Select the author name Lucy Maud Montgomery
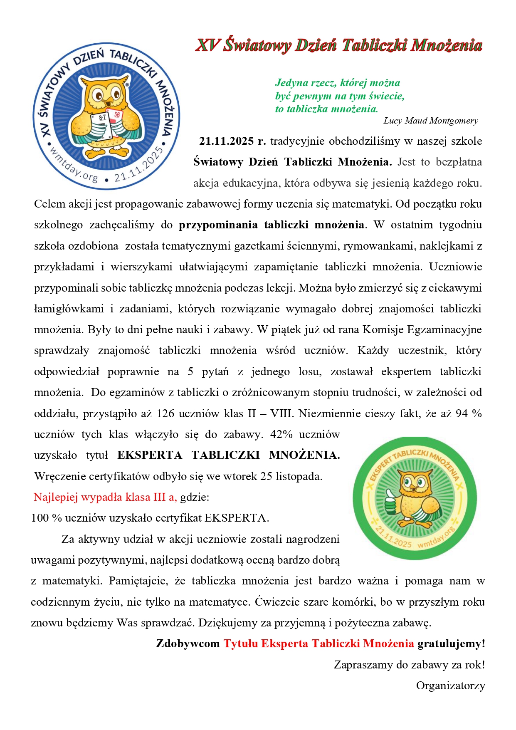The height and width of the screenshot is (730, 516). click(430, 121)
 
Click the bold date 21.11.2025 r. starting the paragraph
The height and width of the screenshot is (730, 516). click(232, 141)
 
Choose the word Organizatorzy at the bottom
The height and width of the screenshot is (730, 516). click(450, 685)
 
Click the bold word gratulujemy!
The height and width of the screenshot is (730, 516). click(451, 643)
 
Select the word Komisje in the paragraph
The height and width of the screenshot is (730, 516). click(383, 329)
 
